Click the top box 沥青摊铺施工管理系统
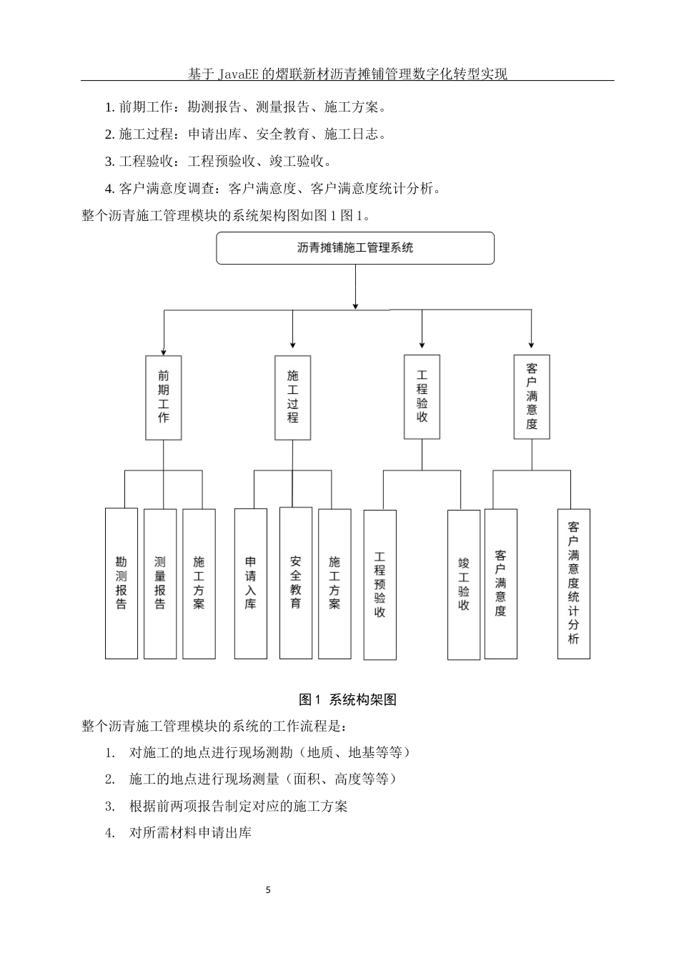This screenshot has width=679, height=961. pos(355,248)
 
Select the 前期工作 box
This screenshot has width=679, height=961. pos(164,397)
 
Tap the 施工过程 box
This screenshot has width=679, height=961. pos(292,397)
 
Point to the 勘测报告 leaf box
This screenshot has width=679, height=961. pos(122,583)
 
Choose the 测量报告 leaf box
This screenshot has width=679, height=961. pos(160,583)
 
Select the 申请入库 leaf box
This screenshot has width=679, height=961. pos(251,583)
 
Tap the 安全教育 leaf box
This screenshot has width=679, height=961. pos(296,583)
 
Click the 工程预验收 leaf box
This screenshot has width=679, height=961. pos(380,584)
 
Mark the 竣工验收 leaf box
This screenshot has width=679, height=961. pos(464,584)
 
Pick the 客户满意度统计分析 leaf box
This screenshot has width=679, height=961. pos(574,583)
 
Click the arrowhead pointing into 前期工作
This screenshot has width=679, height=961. pos(164,351)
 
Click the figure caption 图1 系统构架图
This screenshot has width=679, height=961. pos(347,700)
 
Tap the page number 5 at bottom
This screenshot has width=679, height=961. pos(268,890)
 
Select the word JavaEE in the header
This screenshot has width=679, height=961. pos(239,74)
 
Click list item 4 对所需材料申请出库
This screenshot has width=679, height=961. pos(190,833)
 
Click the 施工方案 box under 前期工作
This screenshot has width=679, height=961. pos(199,583)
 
